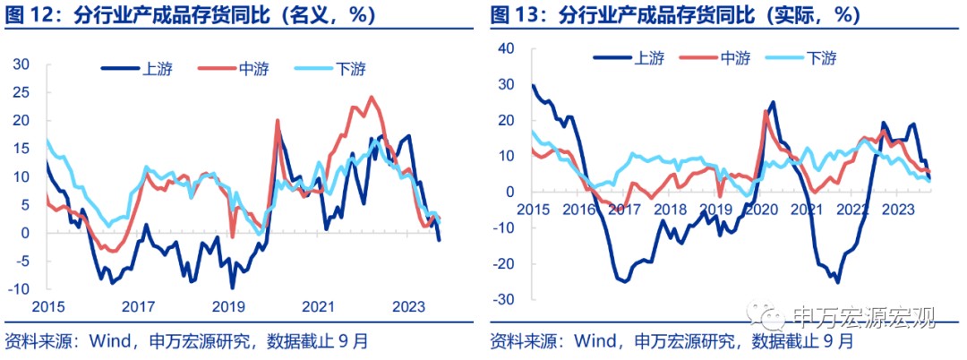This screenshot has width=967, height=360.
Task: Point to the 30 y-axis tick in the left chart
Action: coord(21,64)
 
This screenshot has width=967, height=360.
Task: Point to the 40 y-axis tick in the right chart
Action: coord(507,48)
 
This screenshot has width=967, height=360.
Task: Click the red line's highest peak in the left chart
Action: coord(371,97)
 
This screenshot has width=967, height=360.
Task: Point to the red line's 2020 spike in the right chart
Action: coord(766,111)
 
